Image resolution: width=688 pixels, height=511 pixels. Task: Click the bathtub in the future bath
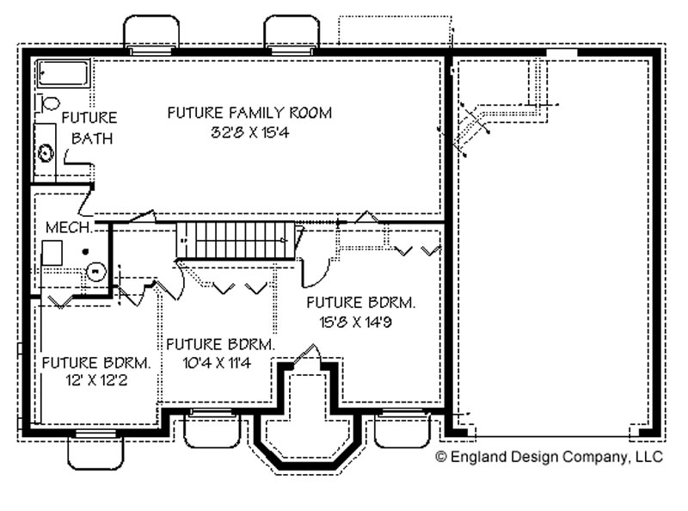click(x=63, y=73)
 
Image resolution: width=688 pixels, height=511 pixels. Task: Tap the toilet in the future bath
click(x=49, y=103)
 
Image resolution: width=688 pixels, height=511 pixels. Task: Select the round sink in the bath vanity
click(x=46, y=153)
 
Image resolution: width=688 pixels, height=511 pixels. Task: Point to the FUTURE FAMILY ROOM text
click(x=249, y=113)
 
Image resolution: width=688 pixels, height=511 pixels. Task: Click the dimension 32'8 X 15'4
click(x=250, y=132)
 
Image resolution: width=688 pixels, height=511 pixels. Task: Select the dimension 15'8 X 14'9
click(x=355, y=323)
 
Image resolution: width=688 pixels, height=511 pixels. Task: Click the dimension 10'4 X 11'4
click(x=217, y=363)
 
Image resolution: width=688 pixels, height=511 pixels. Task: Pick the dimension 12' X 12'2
click(x=97, y=380)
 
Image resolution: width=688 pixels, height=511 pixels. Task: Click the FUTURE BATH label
click(x=89, y=128)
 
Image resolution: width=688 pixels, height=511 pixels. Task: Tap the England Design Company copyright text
click(x=549, y=457)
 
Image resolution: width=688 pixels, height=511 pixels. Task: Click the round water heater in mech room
click(x=95, y=272)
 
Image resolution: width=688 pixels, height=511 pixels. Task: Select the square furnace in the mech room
click(x=52, y=252)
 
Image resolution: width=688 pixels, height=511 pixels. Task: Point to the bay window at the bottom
click(x=309, y=443)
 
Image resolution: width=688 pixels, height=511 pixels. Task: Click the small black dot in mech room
click(x=85, y=251)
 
